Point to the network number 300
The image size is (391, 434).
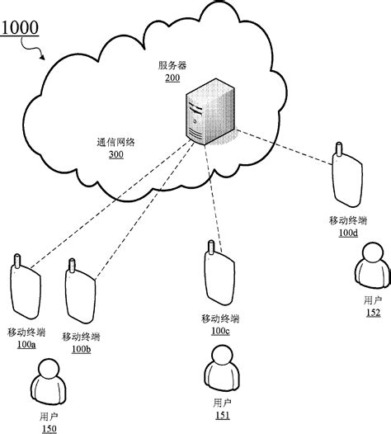115,154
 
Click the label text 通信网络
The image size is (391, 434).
115,142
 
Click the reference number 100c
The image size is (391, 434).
220,331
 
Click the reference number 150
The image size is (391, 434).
49,428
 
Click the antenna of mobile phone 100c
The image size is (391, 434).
210,246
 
